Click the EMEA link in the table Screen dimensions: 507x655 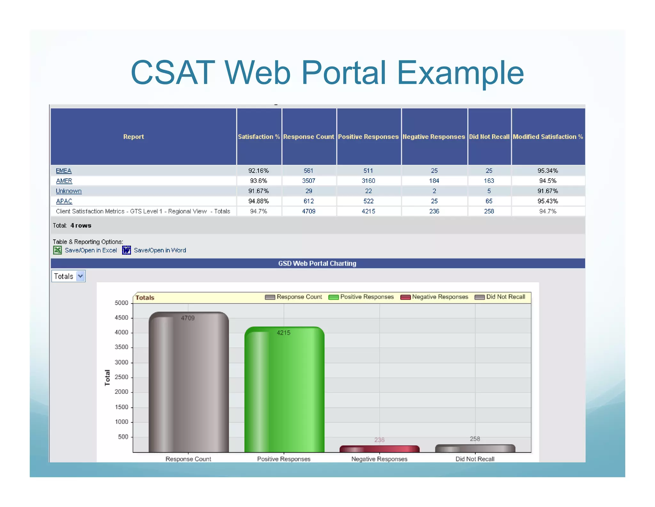click(64, 171)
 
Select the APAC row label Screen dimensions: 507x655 click(64, 201)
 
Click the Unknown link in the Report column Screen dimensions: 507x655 click(68, 191)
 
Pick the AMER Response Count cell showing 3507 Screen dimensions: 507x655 click(309, 181)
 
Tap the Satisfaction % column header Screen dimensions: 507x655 click(259, 136)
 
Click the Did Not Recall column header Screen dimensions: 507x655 click(489, 136)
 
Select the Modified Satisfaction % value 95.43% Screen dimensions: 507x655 click(548, 201)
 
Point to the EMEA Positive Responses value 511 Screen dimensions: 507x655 click(368, 171)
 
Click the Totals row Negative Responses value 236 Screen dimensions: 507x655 click(434, 211)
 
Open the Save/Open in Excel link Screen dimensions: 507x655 click(91, 250)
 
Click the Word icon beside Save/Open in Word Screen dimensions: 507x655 click(127, 250)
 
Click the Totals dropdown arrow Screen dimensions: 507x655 click(81, 276)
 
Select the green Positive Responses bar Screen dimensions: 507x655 click(284, 390)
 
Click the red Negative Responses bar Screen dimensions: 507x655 click(379, 449)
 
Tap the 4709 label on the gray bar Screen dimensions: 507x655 click(188, 318)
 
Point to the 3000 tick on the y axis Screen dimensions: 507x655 click(122, 362)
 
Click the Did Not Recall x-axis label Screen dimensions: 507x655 click(475, 459)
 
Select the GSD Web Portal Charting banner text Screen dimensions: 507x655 click(317, 263)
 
